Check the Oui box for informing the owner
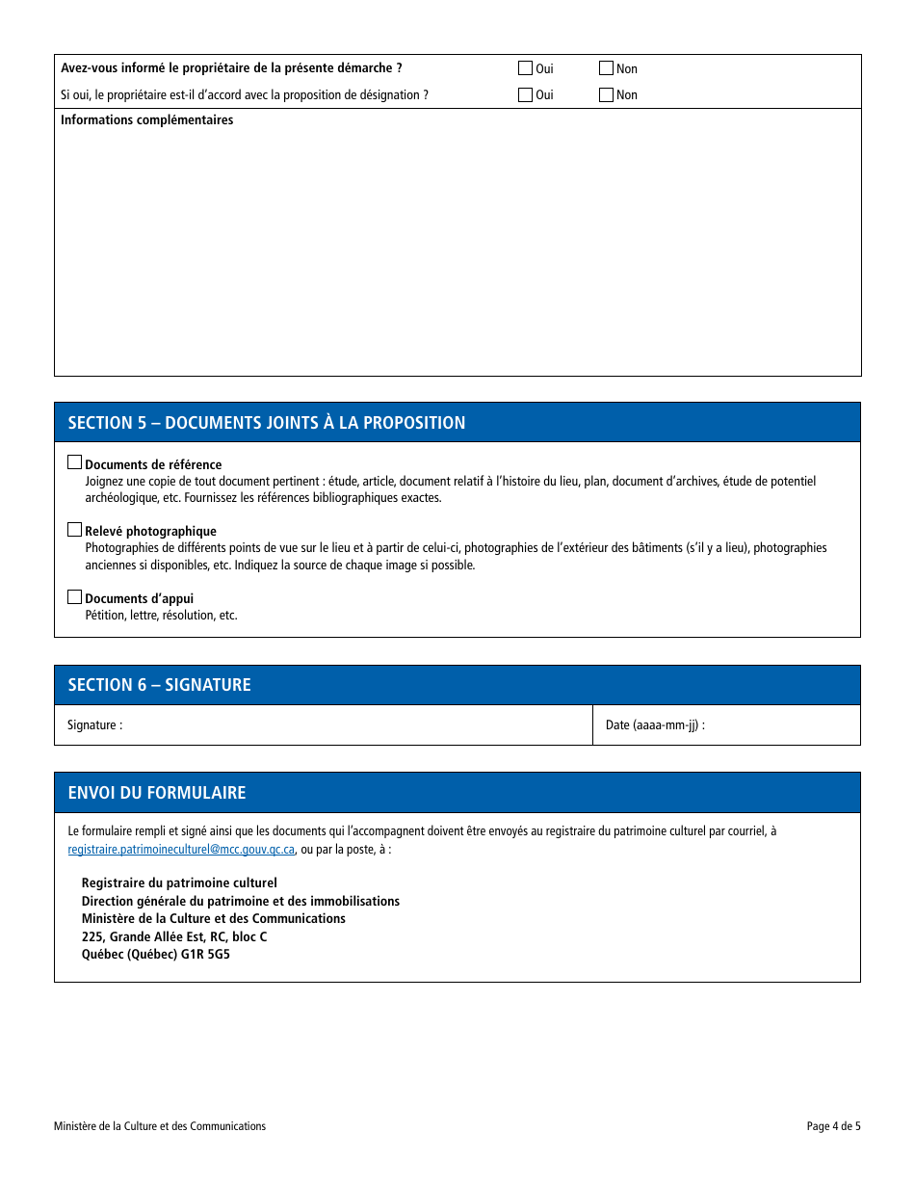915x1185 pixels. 525,68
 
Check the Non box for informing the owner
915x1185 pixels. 606,68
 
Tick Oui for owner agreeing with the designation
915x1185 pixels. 525,94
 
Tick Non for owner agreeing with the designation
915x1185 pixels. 606,94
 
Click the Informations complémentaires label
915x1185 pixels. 146,120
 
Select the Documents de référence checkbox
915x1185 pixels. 74,462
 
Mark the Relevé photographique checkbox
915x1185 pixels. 74,529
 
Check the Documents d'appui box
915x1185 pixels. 74,596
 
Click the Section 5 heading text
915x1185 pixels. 266,423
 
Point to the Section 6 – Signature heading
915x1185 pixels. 159,685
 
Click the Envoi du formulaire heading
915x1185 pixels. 157,793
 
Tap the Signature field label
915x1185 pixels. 94,725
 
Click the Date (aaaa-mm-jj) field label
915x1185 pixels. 655,725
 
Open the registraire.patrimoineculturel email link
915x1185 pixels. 181,850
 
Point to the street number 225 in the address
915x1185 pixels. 92,936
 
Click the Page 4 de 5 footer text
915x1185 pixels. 833,1126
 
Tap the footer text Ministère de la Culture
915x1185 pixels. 160,1126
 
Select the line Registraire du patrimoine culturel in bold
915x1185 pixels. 179,882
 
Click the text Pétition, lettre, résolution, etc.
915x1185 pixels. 161,616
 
